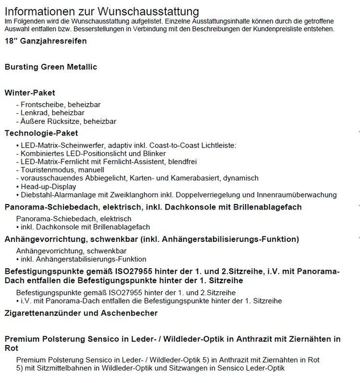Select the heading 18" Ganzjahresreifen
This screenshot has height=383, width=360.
click(x=45, y=41)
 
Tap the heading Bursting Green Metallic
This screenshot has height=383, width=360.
click(x=50, y=67)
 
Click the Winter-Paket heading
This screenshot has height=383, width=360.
click(x=29, y=93)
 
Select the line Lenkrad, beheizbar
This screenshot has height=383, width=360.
click(x=49, y=113)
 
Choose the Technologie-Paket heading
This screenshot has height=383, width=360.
click(x=41, y=133)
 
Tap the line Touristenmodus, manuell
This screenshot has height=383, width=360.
click(x=58, y=170)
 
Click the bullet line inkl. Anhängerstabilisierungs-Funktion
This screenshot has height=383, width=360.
click(x=83, y=259)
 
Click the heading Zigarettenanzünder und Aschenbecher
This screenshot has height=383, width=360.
click(x=81, y=313)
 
